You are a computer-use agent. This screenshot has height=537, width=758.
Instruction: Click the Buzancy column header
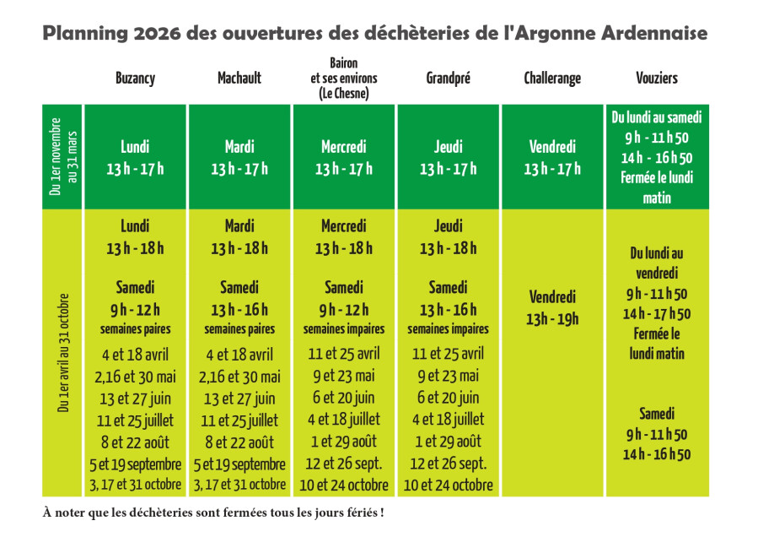click(135, 79)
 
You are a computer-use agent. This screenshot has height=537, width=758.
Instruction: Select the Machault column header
click(239, 79)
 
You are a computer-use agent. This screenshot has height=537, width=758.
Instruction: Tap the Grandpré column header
click(448, 79)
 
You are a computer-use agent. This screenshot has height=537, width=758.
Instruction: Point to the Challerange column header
click(552, 79)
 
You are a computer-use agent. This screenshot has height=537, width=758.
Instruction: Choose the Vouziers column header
click(657, 79)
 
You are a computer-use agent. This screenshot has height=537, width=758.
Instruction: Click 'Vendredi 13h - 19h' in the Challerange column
click(552, 307)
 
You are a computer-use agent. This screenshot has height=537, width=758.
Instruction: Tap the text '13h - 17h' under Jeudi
click(448, 169)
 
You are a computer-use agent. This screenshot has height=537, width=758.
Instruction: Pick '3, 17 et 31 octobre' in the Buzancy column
click(135, 485)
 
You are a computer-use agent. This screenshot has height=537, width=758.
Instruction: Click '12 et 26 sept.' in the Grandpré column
click(448, 464)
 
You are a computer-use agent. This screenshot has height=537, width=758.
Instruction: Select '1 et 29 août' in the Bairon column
click(344, 441)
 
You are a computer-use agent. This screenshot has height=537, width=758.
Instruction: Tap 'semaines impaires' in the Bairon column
click(344, 328)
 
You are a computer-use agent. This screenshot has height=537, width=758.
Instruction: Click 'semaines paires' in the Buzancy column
click(135, 328)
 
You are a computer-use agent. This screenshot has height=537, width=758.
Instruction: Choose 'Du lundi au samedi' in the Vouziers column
click(657, 117)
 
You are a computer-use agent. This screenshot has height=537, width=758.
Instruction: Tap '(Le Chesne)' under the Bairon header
click(344, 94)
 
